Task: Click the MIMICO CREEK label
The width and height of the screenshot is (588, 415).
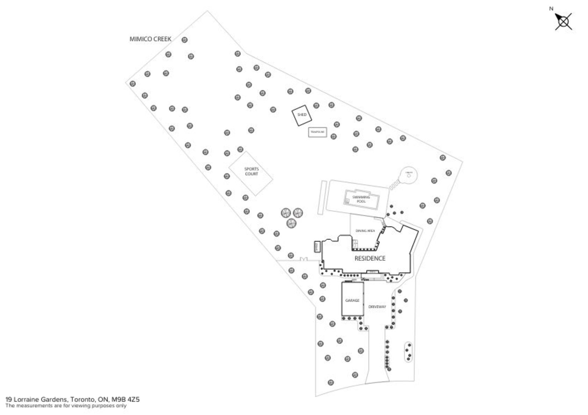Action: pos(150,39)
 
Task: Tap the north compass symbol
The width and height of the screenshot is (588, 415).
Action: pos(563,22)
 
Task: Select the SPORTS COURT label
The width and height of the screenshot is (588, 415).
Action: pos(251,172)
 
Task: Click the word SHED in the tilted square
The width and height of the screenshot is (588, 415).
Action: pos(302,115)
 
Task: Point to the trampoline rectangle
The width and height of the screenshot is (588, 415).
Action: pos(318,132)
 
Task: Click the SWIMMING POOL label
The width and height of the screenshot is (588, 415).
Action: pos(361,199)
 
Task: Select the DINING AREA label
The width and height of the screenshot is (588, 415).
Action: pos(365,231)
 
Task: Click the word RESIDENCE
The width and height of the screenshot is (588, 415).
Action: pos(370,259)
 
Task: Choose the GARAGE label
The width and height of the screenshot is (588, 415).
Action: pos(352,300)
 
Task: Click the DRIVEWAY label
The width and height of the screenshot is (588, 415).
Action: pos(377,307)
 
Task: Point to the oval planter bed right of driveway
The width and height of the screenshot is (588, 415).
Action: pos(408,352)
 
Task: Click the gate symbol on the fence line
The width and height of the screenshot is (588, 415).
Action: pos(304,260)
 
